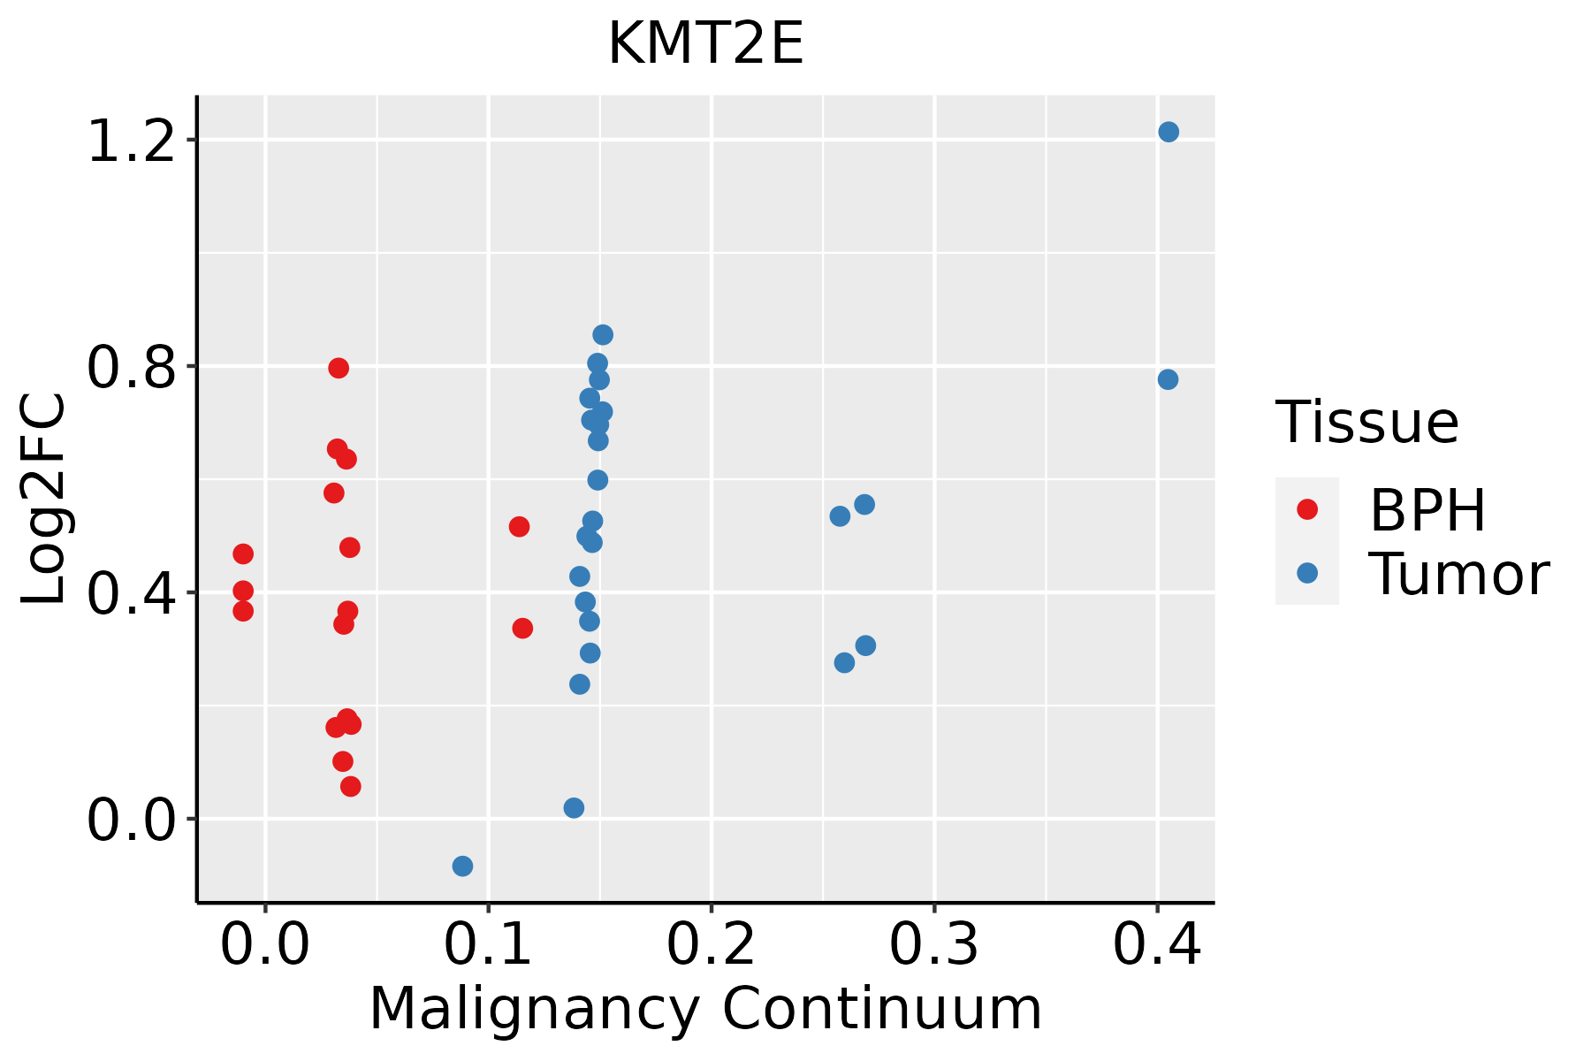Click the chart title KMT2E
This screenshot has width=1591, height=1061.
(705, 44)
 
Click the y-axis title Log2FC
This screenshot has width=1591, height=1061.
(44, 499)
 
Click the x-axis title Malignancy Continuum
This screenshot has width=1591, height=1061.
(705, 1009)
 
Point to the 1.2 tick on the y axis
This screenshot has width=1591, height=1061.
(131, 141)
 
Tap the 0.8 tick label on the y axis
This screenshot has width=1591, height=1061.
(131, 368)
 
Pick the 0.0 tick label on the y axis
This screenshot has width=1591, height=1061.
(131, 821)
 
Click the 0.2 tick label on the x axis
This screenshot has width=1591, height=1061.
(711, 944)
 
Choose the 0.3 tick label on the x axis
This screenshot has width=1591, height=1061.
(933, 944)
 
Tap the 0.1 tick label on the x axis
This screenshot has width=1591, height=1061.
(488, 944)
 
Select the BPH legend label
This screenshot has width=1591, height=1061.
(1427, 510)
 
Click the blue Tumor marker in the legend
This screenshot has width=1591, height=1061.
(1306, 573)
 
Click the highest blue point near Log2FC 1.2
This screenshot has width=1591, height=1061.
(1169, 132)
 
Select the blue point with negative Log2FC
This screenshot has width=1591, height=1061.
(462, 866)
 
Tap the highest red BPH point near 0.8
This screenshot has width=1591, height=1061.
(339, 368)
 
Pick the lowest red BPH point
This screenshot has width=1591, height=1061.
(350, 786)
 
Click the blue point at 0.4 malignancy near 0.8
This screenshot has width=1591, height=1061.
(1168, 379)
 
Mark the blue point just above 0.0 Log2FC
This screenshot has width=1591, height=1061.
(574, 808)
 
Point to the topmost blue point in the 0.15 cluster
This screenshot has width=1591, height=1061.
(603, 334)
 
